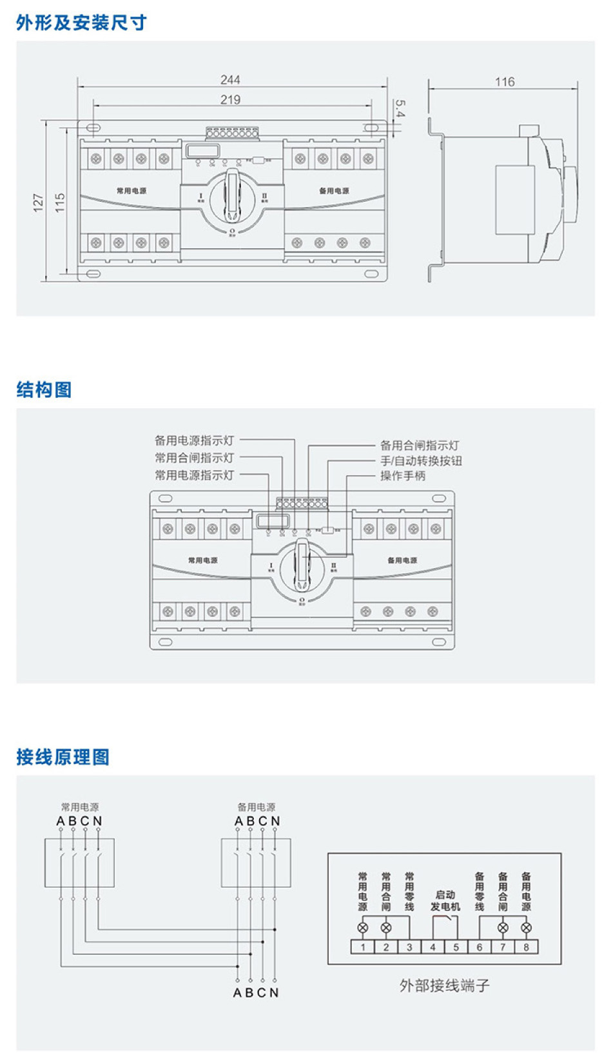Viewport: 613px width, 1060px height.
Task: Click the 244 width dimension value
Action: [x=230, y=80]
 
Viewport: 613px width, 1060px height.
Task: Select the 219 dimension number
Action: [x=230, y=100]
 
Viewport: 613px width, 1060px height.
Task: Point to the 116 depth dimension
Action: [x=505, y=82]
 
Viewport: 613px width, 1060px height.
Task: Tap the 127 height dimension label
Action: [x=38, y=202]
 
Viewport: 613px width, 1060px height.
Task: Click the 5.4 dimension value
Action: [x=400, y=108]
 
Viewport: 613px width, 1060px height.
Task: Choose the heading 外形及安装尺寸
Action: [x=81, y=23]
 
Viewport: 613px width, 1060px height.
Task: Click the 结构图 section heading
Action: [x=44, y=389]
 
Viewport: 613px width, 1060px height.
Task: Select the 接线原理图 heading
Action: [x=63, y=757]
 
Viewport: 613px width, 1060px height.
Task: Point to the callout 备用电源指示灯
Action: [x=194, y=440]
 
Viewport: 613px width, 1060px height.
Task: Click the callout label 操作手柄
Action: [x=403, y=476]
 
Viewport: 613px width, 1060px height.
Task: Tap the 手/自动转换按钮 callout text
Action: [x=421, y=460]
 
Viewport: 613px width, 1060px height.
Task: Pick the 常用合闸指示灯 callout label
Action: [x=194, y=458]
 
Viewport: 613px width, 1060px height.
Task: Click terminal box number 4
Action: [x=433, y=947]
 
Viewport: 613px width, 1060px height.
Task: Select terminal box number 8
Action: [x=526, y=947]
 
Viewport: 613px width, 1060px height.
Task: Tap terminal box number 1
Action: [x=363, y=947]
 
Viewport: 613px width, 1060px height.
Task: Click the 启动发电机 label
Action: [x=445, y=901]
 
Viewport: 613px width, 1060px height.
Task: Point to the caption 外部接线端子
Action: [x=444, y=985]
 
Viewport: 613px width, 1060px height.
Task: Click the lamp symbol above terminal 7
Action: [x=503, y=928]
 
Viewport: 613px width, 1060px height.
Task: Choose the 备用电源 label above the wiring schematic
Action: [x=256, y=807]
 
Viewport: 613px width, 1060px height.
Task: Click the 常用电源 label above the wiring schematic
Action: [x=80, y=807]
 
